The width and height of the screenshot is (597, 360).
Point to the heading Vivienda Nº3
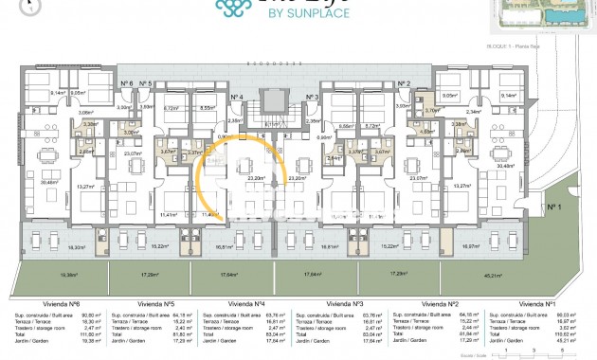pos(344,304)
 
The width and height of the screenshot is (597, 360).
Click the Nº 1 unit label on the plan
pos(553,207)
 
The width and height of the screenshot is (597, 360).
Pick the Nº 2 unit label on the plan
pos(403,83)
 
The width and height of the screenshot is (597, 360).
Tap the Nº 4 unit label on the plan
pos(237,97)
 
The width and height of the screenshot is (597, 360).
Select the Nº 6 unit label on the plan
pos(126,83)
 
